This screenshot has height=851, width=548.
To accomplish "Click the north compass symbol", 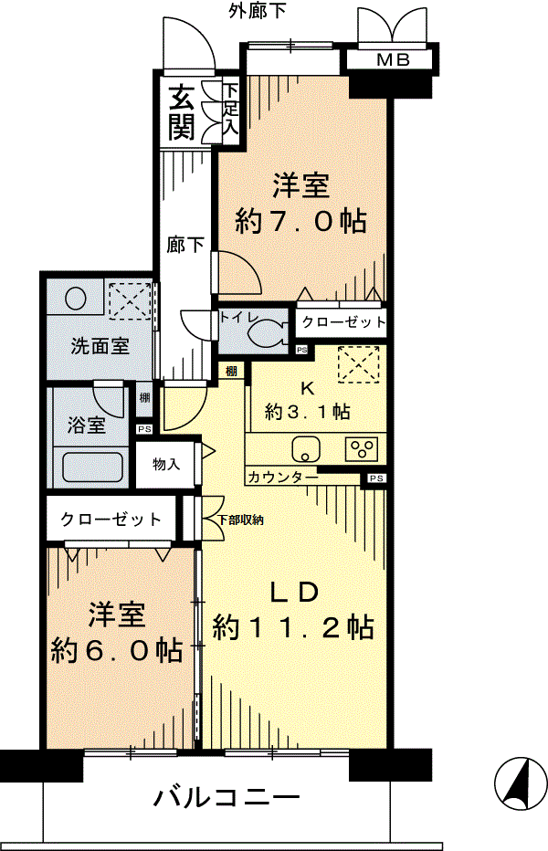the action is point(520,783).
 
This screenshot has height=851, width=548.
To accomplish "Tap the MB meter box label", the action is point(394,59).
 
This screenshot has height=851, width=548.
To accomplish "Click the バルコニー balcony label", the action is point(227,797).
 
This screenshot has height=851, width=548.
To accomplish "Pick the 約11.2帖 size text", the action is point(293,627).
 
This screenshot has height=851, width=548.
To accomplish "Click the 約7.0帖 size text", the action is point(300,221).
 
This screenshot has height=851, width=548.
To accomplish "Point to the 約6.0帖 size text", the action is point(116,649).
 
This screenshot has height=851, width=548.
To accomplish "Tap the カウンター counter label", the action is point(282,478).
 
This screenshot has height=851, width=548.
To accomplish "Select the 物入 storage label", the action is point(166,464).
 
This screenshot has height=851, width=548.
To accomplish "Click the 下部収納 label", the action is point(241,520).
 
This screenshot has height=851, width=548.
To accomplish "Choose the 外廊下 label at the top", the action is point(258,11).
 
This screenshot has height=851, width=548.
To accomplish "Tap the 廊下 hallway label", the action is point(184,246).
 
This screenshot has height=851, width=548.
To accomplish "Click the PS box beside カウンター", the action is point(377,478).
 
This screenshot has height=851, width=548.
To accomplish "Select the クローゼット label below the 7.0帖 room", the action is point(343,322).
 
